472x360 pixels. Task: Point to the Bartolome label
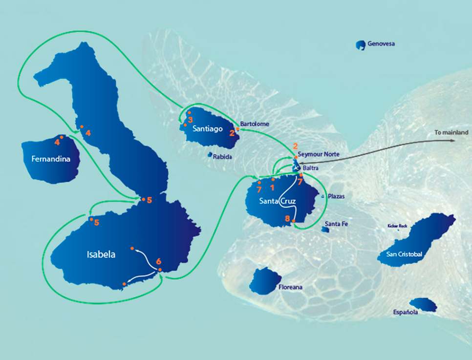click(x=255, y=124)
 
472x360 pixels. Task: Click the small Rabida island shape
click(x=210, y=155)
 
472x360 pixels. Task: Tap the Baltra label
click(x=311, y=168)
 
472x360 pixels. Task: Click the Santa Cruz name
click(x=277, y=201)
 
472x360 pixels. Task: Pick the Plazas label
click(x=337, y=196)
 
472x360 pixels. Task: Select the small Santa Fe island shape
click(x=325, y=229)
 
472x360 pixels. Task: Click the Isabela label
click(x=101, y=254)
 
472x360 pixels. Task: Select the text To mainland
click(x=451, y=132)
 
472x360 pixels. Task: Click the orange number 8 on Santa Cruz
click(x=287, y=219)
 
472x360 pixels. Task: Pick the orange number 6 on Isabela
click(x=158, y=261)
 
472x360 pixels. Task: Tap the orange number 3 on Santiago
click(x=190, y=120)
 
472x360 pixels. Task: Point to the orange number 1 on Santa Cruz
click(x=272, y=187)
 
